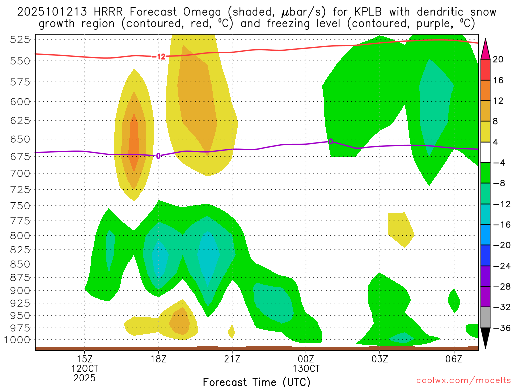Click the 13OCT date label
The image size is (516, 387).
(x=306, y=368)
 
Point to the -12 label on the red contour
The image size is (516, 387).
(x=159, y=57)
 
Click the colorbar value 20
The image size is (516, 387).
(x=498, y=59)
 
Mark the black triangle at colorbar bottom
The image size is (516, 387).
(x=486, y=338)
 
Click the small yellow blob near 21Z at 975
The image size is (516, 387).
(x=231, y=331)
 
